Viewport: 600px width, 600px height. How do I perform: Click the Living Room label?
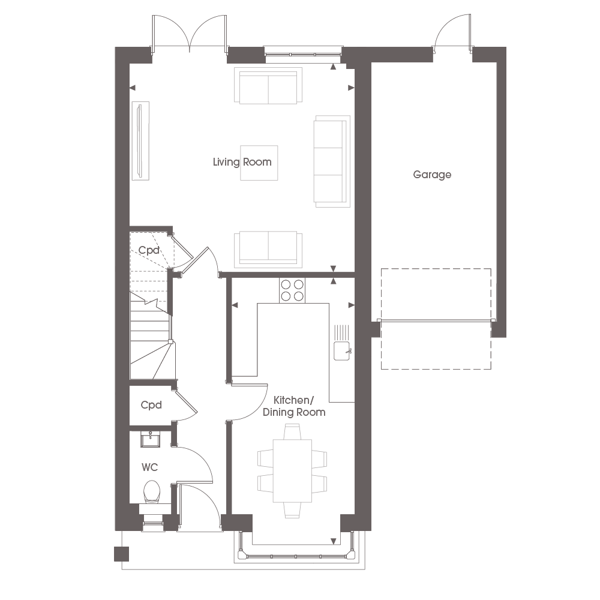pyautogui.click(x=242, y=162)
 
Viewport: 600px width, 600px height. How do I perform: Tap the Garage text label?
pyautogui.click(x=432, y=175)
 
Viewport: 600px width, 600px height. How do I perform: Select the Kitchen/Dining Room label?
pyautogui.click(x=294, y=406)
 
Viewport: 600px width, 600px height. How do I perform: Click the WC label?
pyautogui.click(x=149, y=467)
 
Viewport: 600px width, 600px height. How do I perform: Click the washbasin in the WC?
pyautogui.click(x=151, y=439)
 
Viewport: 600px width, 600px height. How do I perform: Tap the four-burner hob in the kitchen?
pyautogui.click(x=292, y=290)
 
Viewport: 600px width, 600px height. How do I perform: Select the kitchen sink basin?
pyautogui.click(x=342, y=351)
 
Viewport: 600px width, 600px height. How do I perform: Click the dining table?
pyautogui.click(x=292, y=470)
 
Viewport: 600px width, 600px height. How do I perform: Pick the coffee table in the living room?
pyautogui.click(x=259, y=163)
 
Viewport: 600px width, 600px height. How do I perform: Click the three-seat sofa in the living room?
pyautogui.click(x=332, y=161)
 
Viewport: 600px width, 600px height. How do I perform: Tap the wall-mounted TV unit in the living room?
pyautogui.click(x=140, y=140)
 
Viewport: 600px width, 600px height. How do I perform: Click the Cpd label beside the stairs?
pyautogui.click(x=148, y=250)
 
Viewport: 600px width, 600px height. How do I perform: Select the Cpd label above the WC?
pyautogui.click(x=151, y=405)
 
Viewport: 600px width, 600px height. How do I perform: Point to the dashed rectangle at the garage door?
pyautogui.click(x=436, y=319)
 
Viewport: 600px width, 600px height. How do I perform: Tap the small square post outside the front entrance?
pyautogui.click(x=122, y=554)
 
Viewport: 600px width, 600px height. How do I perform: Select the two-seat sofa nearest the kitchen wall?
pyautogui.click(x=268, y=248)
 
